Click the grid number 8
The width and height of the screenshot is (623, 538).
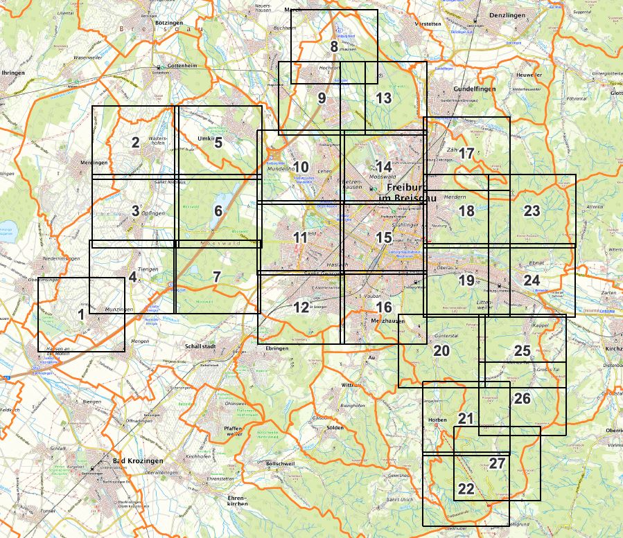334,47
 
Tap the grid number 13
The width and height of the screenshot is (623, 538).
384,98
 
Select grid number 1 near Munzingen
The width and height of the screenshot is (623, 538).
82,314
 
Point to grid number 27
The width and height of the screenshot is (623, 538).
497,464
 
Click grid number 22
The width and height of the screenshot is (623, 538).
466,490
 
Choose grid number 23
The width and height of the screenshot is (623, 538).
532,211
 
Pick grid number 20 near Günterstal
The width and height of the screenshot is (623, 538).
441,351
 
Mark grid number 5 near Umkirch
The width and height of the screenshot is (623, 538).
218,143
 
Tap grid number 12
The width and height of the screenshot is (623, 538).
301,307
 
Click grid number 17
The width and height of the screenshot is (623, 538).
466,154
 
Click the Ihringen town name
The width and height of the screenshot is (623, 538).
14,72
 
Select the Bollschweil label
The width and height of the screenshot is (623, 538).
281,463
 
